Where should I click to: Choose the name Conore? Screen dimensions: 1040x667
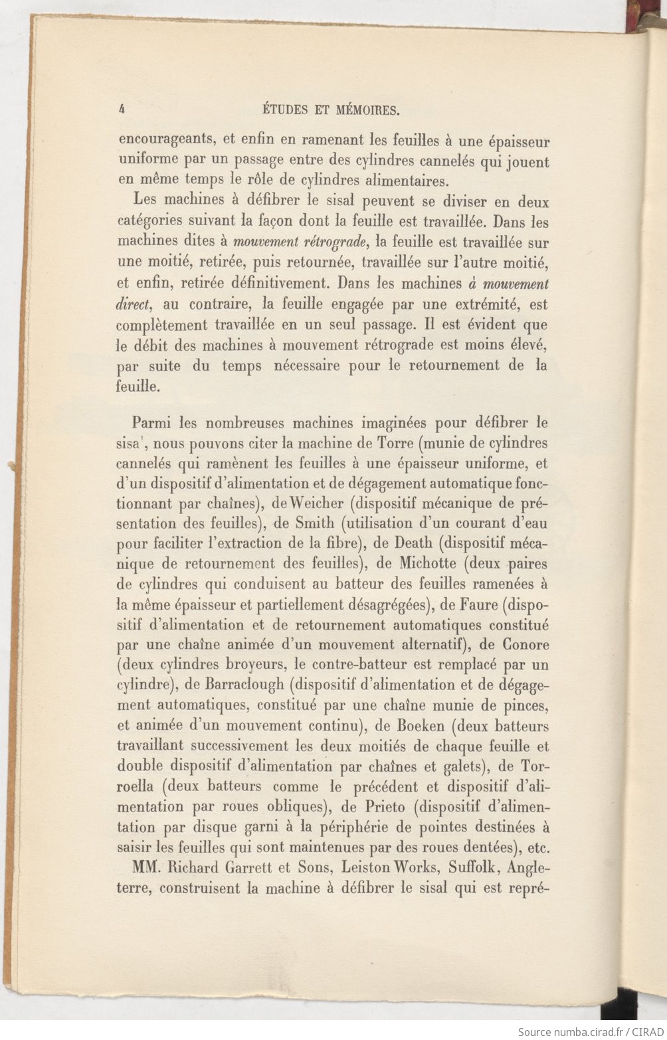(525, 644)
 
